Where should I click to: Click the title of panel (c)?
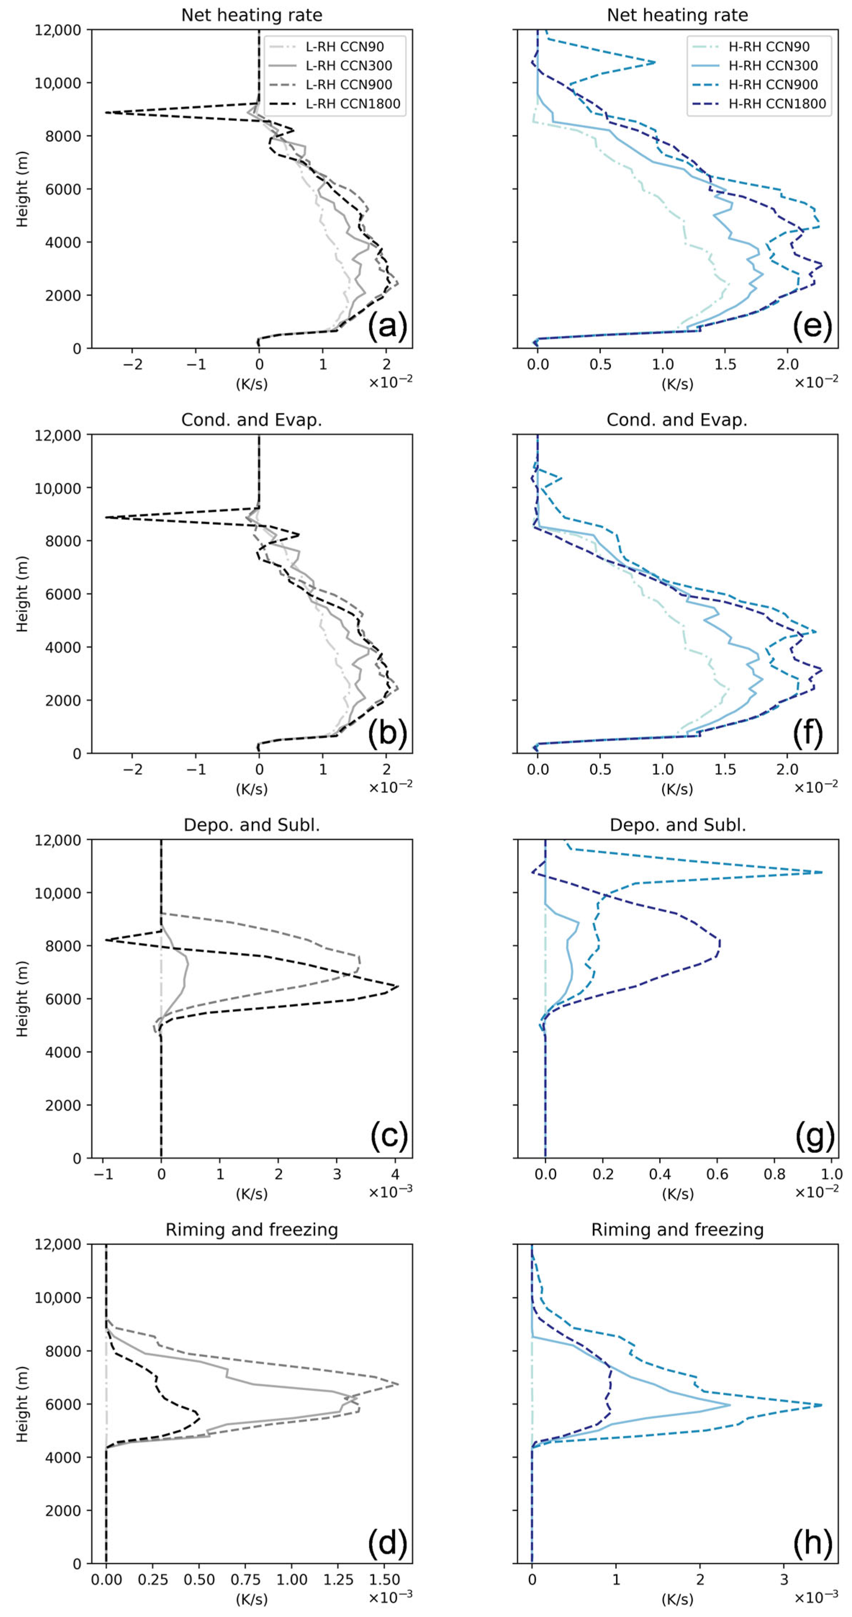(x=251, y=825)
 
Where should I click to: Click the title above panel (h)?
(x=677, y=1229)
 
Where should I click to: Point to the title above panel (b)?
(x=251, y=420)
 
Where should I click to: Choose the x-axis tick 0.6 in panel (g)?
(x=717, y=1174)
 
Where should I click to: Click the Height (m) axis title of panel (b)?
(x=23, y=594)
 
